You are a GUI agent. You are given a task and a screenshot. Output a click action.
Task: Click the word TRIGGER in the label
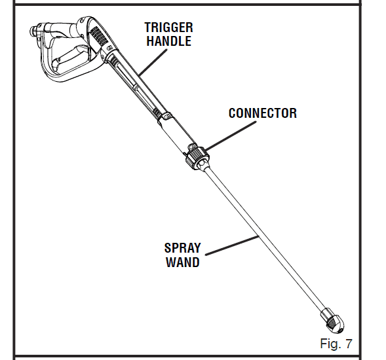pos(168,27)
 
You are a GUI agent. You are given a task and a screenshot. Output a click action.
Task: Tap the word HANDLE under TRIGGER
pos(168,41)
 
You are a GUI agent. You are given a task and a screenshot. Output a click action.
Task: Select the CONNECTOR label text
pos(262,113)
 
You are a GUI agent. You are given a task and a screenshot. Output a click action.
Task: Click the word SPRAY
pos(182,249)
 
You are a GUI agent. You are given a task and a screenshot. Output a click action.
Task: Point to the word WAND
pos(182,262)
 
